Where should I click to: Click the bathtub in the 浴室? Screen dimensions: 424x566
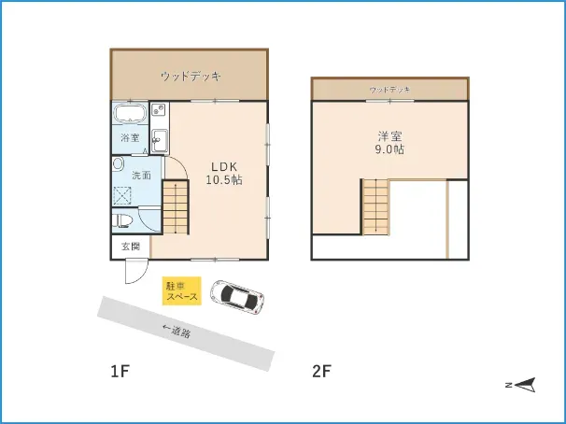tap(130, 115)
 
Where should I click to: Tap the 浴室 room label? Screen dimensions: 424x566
tap(130, 138)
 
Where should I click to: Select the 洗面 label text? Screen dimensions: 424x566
tap(141, 175)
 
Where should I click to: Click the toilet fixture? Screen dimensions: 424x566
tap(122, 220)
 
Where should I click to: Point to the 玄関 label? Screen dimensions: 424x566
tap(130, 247)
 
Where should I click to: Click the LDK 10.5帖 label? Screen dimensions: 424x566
tap(224, 174)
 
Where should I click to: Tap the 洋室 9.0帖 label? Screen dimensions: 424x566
tap(389, 143)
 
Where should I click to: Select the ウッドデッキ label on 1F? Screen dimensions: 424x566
tap(190, 75)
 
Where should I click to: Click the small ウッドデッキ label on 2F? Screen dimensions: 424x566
tap(389, 90)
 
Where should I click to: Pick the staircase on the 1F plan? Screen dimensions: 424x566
tap(176, 206)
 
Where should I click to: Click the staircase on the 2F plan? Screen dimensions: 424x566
tap(375, 205)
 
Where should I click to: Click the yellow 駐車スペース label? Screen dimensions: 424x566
tap(181, 290)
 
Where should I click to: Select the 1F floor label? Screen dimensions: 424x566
tap(119, 371)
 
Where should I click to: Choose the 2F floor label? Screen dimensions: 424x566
tap(321, 371)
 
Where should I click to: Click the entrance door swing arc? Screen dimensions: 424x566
tap(135, 274)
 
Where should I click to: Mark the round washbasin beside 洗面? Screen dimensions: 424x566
tap(118, 164)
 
